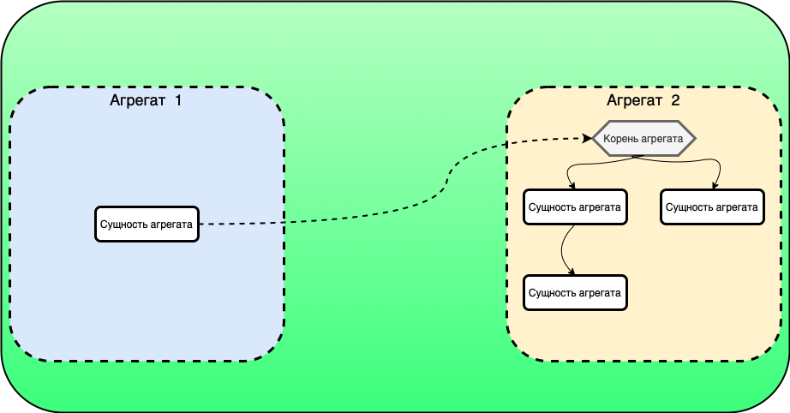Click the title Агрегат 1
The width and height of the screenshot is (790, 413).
pyautogui.click(x=146, y=100)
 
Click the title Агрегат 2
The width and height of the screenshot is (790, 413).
pyautogui.click(x=643, y=100)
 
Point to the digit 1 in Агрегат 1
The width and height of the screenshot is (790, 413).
pyautogui.click(x=178, y=100)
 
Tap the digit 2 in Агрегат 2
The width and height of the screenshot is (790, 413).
pyautogui.click(x=676, y=100)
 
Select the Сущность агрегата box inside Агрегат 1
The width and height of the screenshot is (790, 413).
pyautogui.click(x=146, y=224)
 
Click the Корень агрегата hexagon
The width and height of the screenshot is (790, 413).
pyautogui.click(x=643, y=138)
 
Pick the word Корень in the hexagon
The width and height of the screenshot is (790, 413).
pyautogui.click(x=620, y=138)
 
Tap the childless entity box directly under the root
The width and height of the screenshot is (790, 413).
pyautogui.click(x=711, y=206)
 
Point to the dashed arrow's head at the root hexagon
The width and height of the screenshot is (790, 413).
pyautogui.click(x=588, y=138)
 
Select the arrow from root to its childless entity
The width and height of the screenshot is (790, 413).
pyautogui.click(x=694, y=162)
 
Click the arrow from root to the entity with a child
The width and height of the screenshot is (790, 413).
pyautogui.click(x=591, y=163)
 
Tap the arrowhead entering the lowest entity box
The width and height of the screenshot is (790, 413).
pyautogui.click(x=572, y=272)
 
